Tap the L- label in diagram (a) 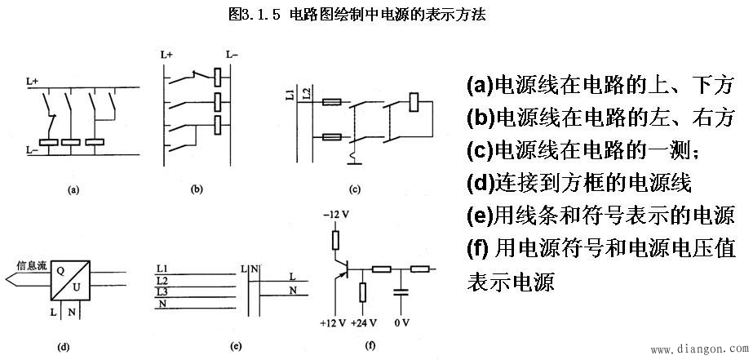click(x=32, y=150)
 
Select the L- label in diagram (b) click(x=232, y=54)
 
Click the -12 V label click(x=333, y=215)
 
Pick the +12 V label click(x=333, y=323)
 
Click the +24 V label click(x=362, y=323)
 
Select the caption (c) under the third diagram click(x=354, y=190)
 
